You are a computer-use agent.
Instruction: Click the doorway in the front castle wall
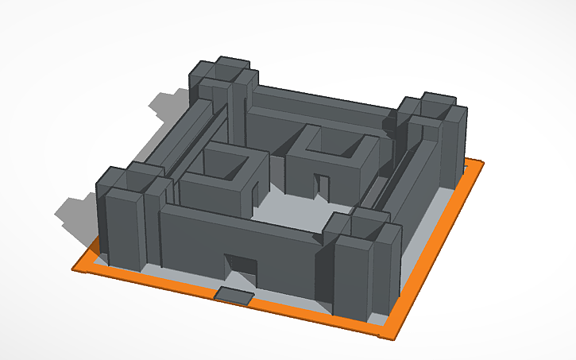click(239, 269)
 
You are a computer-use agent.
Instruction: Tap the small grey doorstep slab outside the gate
click(235, 296)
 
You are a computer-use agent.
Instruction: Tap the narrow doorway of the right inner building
click(323, 187)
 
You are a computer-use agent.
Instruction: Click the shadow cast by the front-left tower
click(75, 211)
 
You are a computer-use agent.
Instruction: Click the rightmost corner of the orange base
click(481, 163)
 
